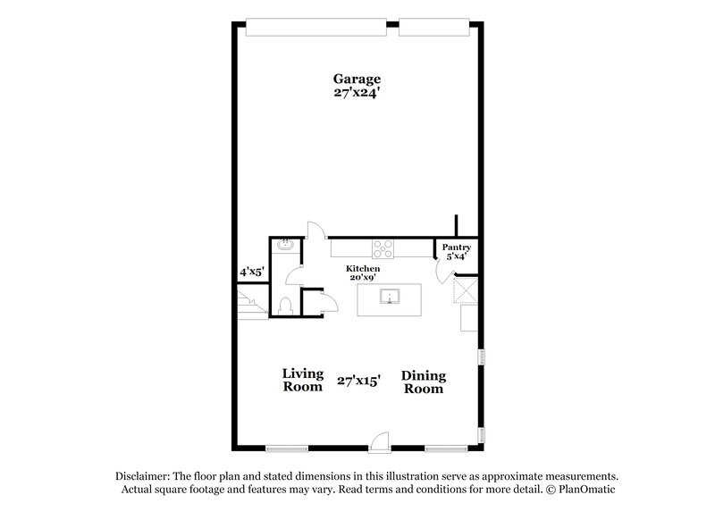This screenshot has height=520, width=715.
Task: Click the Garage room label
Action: point(357,78)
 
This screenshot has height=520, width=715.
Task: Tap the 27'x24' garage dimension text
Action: point(357,91)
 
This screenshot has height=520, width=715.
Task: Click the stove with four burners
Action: point(385,247)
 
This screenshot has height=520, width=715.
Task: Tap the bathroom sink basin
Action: point(285,245)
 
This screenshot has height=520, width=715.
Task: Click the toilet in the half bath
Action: point(285,306)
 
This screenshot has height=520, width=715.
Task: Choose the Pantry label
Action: point(456,247)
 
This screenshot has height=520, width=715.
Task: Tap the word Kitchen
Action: point(364,268)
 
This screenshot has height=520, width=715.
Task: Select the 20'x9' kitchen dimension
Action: point(364,278)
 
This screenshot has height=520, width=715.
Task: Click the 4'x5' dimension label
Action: point(251,271)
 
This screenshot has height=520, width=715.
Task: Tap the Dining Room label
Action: point(424,382)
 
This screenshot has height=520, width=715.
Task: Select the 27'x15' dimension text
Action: point(359,381)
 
